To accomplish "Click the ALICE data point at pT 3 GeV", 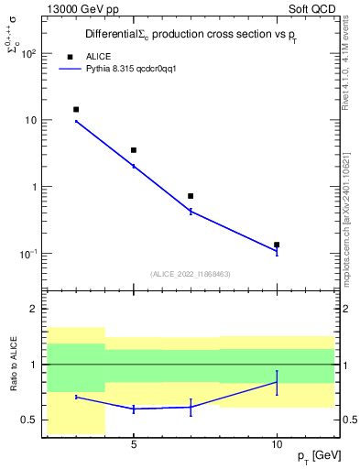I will coord(76,109).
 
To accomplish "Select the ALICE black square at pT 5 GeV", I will coord(134,150).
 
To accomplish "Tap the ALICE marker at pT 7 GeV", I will coord(191,196).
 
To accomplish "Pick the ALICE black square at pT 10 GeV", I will coord(277,245).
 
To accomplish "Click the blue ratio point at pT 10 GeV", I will coord(277,382).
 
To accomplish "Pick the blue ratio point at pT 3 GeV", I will coord(76,397).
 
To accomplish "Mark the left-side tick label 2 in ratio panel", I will coord(33,309).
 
